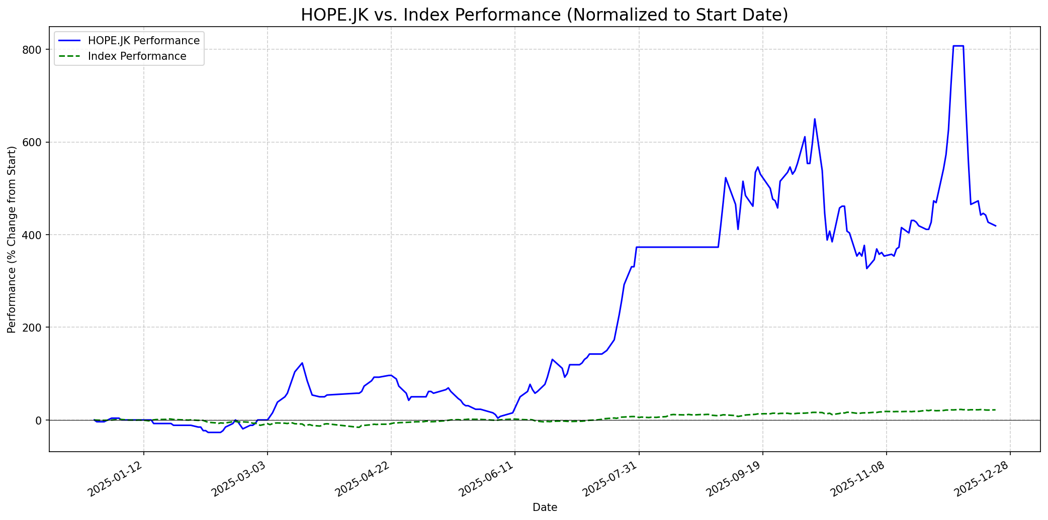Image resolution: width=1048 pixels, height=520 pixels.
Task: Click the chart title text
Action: pyautogui.click(x=545, y=15)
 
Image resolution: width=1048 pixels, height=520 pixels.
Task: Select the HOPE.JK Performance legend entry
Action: pyautogui.click(x=143, y=41)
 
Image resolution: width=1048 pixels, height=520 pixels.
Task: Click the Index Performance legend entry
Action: pyautogui.click(x=137, y=56)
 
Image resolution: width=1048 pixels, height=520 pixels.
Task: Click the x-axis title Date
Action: pyautogui.click(x=545, y=507)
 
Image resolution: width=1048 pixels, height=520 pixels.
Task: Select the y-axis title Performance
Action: pyautogui.click(x=12, y=239)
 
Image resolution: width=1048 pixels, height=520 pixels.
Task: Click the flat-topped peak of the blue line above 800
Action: pyautogui.click(x=958, y=46)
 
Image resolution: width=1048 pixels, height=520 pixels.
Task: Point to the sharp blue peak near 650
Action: pyautogui.click(x=815, y=119)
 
